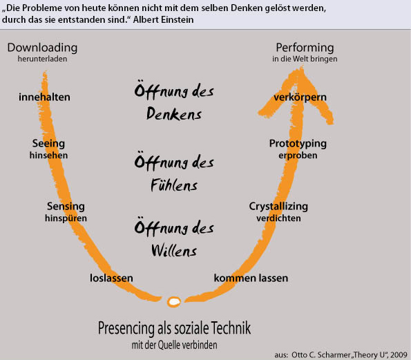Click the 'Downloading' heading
(42, 48)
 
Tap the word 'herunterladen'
(42, 59)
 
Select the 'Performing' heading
(305, 48)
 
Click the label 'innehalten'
(44, 97)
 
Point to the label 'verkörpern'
(300, 97)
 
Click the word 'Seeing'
(48, 144)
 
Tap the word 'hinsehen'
(48, 155)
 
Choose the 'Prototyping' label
(298, 144)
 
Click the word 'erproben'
(298, 155)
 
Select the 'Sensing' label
(66, 207)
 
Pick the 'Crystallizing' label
(278, 207)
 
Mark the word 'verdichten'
(278, 218)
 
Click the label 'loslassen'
(111, 278)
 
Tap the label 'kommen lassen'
(251, 278)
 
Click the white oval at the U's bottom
(174, 302)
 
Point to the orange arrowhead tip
(302, 67)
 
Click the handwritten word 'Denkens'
(174, 114)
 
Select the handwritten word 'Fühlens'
(174, 184)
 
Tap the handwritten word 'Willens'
(174, 250)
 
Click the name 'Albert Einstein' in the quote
(163, 19)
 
